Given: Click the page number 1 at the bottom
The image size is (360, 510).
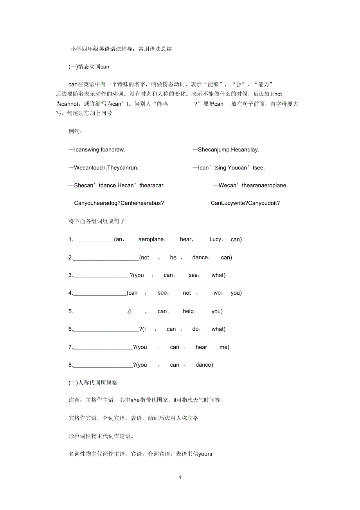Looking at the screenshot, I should [x=180, y=477].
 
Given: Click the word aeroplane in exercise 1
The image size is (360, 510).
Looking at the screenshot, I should [x=151, y=240].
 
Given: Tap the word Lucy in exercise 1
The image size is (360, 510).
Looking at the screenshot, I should [x=215, y=240].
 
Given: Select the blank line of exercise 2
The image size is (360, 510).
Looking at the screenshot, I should [x=106, y=258].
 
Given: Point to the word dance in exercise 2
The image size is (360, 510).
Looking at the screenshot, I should [x=200, y=258].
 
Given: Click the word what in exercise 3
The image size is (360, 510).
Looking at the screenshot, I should [x=218, y=275].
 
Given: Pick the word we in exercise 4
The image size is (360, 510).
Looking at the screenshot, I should [x=217, y=293].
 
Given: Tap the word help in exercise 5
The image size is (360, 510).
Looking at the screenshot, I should [x=189, y=312].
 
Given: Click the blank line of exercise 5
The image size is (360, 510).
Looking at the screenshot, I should [x=100, y=312].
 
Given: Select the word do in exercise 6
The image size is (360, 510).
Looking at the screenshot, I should [x=196, y=329].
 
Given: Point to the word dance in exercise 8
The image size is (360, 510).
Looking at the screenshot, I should [x=203, y=365].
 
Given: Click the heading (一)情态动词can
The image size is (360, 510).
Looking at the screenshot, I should [x=89, y=67].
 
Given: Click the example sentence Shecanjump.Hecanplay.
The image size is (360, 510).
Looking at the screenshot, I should [x=226, y=150].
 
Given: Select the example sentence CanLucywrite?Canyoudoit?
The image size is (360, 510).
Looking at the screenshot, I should [x=243, y=203].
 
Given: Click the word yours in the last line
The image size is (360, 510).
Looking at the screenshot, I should [x=205, y=454].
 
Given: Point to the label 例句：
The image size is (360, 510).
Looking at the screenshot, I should [x=76, y=131].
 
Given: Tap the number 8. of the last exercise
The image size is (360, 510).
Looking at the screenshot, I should [x=70, y=365].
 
